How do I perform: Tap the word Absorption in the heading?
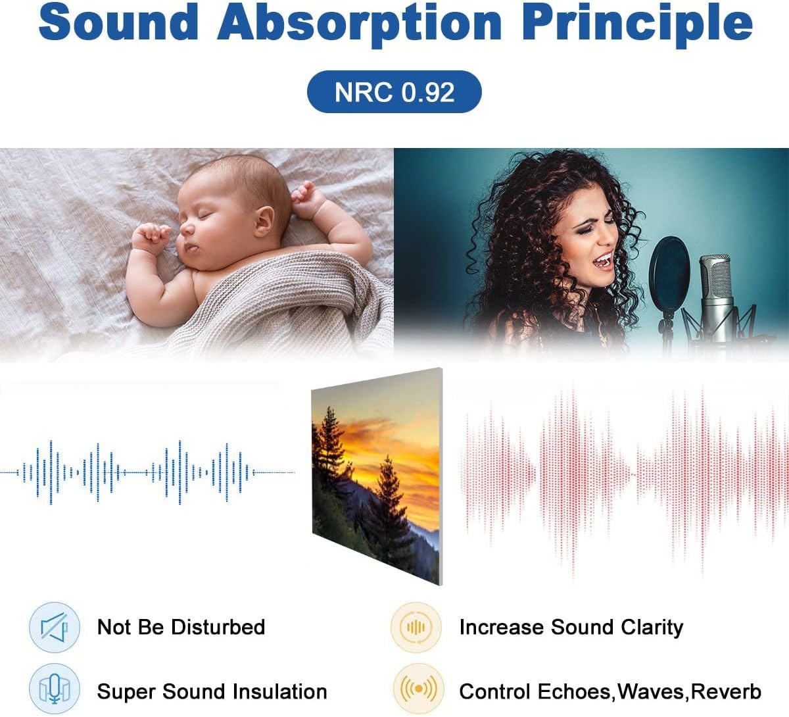(x=360, y=24)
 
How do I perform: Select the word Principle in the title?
(x=636, y=24)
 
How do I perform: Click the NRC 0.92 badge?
(x=394, y=91)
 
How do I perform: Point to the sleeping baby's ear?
(x=264, y=222)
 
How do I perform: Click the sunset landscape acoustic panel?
(x=377, y=476)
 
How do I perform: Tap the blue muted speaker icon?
(x=55, y=628)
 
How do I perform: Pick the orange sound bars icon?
(x=416, y=628)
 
